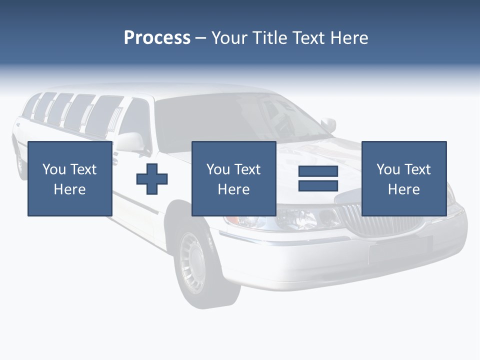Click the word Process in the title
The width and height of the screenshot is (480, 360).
point(157,38)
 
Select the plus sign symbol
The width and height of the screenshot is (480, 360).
point(152,178)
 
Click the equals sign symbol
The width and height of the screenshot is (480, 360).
point(318,178)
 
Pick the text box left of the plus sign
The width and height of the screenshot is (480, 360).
point(69,178)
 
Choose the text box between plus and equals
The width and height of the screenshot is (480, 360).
point(233,178)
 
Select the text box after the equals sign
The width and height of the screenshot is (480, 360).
point(403,178)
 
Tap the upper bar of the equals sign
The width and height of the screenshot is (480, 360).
point(318,171)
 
